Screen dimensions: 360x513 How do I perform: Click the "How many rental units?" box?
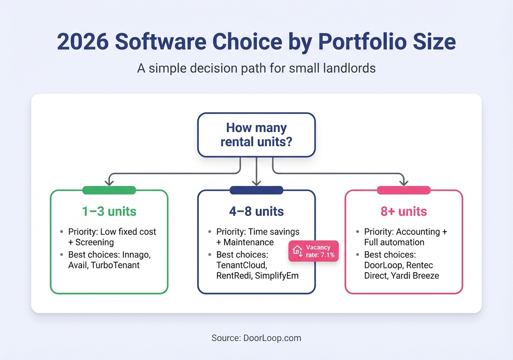click(256, 135)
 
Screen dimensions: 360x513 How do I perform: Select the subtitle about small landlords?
click(256, 68)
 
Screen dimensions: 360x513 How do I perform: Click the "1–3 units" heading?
click(109, 211)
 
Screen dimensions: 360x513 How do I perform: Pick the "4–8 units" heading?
click(256, 211)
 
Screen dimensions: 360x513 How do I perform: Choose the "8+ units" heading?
click(403, 211)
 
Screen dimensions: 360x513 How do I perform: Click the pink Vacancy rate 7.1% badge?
click(314, 251)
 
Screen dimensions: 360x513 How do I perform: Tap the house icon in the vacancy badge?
click(297, 251)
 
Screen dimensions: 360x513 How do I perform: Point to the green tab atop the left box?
click(109, 190)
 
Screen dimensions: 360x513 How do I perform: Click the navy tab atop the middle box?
click(256, 190)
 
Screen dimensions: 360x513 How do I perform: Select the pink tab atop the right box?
click(403, 190)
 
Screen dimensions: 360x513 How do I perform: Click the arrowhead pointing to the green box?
click(109, 182)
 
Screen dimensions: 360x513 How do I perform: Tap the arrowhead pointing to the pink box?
click(403, 182)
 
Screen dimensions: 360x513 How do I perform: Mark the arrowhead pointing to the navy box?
click(256, 182)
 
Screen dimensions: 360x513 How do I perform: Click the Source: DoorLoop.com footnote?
click(256, 338)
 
